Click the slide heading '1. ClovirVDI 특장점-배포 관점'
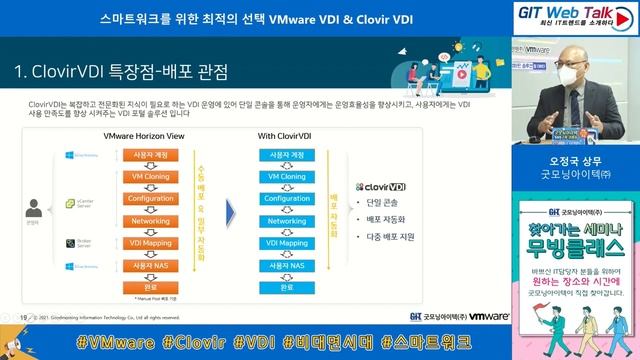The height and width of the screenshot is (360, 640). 121,73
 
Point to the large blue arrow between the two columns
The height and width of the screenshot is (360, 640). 229,212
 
